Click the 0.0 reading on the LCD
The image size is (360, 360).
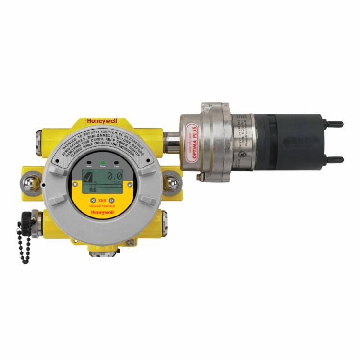tap(114, 177)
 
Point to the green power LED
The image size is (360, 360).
tap(102, 163)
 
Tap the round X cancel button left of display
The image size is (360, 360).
tap(74, 184)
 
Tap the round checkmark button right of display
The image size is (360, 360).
tap(130, 184)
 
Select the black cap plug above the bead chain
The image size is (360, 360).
tap(26, 221)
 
